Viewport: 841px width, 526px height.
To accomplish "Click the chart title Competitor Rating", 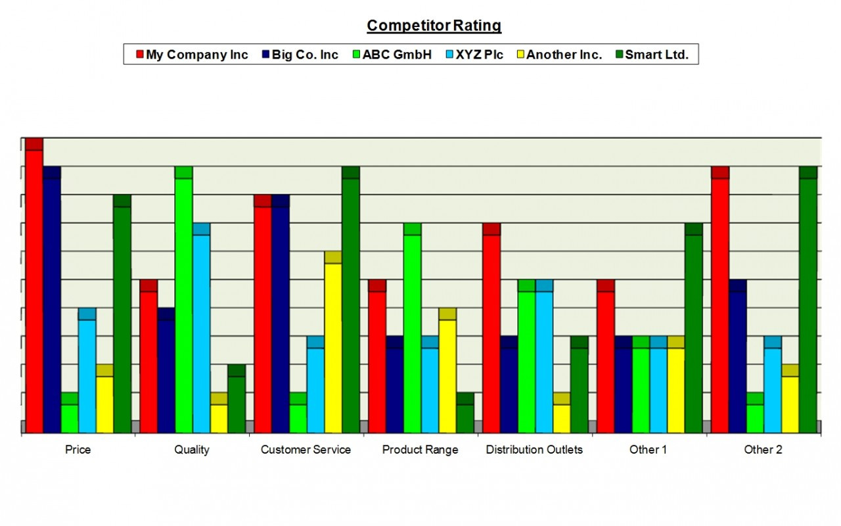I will click(434, 26).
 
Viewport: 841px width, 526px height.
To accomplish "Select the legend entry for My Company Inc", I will click(191, 55).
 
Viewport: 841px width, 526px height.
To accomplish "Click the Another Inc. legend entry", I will click(558, 55).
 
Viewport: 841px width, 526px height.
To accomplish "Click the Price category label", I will click(78, 450).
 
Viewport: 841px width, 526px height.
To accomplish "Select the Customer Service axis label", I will click(306, 450).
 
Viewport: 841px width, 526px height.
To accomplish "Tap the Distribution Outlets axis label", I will click(534, 450).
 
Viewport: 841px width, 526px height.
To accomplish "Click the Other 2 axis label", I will click(763, 450).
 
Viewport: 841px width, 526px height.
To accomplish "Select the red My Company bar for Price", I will click(34, 289).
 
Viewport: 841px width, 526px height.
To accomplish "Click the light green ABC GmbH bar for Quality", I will click(183, 302).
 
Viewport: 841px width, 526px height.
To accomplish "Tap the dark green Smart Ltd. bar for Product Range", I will click(465, 414).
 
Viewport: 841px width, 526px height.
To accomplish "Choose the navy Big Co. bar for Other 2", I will click(738, 358).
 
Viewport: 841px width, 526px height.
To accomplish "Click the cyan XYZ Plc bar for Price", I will click(87, 371).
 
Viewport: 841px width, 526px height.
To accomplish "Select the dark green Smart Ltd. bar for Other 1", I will click(694, 329).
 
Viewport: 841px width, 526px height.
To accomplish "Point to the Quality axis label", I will click(192, 450).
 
